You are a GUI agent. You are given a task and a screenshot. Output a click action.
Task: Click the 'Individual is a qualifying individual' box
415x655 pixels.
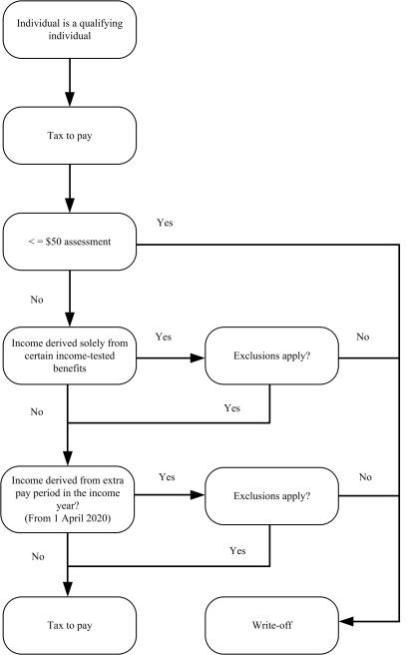point(67,30)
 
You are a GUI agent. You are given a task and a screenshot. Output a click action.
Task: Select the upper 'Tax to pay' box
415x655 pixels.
point(67,138)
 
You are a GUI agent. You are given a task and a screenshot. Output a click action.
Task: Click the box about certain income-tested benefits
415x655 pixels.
point(67,353)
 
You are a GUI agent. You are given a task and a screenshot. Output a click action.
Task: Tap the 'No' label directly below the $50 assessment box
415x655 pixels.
point(36,297)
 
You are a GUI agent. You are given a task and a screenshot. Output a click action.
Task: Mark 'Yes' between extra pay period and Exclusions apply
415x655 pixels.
point(167,477)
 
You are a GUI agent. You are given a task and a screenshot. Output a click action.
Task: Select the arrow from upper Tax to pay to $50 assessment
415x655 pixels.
point(67,192)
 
